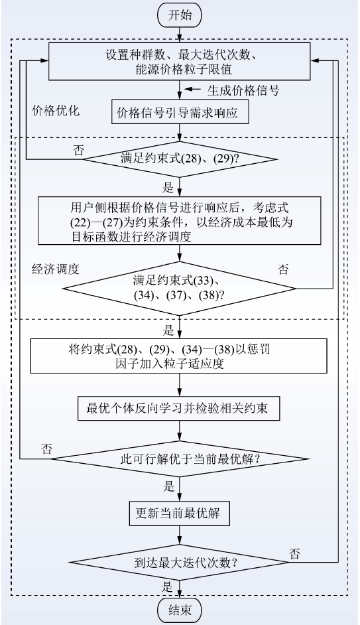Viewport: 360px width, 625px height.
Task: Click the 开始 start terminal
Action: [180, 16]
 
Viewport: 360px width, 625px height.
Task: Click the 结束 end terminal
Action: [180, 610]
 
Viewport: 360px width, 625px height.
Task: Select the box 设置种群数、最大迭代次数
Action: [179, 62]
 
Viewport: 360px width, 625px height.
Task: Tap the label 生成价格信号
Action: [243, 90]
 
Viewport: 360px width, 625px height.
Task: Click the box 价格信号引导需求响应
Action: [180, 112]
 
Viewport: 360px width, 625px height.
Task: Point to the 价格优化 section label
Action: [55, 110]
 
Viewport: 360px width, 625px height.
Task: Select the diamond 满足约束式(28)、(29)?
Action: [180, 159]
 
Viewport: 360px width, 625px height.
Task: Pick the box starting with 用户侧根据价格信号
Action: [180, 220]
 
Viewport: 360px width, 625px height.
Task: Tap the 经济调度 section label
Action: [55, 269]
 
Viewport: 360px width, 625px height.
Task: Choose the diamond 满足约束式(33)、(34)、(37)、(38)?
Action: [180, 288]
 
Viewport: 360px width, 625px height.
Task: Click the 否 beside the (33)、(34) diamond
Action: [283, 269]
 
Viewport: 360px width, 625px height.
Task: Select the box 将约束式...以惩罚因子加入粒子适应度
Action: [179, 356]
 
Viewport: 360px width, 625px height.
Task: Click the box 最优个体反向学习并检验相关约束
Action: [178, 409]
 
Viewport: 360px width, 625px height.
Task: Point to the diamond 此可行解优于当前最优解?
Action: [180, 458]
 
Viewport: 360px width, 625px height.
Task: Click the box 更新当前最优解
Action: [180, 513]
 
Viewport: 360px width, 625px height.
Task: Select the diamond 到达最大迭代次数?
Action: [180, 563]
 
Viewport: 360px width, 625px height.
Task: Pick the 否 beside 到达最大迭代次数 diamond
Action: [294, 553]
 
